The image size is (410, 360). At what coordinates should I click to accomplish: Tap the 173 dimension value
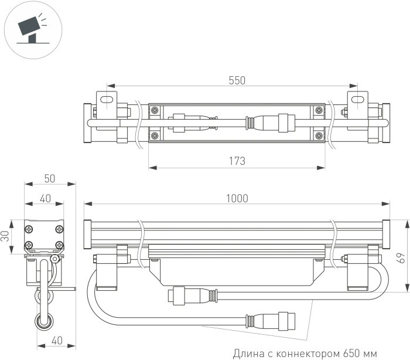[237, 160]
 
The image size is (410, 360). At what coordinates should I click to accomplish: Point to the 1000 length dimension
[237, 198]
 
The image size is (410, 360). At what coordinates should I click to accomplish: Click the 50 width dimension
[50, 178]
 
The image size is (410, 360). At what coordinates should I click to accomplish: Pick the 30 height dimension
[6, 236]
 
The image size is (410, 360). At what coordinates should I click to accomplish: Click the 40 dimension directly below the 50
[45, 198]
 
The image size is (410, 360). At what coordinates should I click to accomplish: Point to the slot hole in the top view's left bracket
[105, 100]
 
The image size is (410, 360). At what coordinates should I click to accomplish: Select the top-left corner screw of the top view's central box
[155, 110]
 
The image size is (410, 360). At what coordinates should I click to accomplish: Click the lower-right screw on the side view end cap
[59, 244]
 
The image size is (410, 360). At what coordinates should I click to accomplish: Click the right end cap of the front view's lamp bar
[385, 233]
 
